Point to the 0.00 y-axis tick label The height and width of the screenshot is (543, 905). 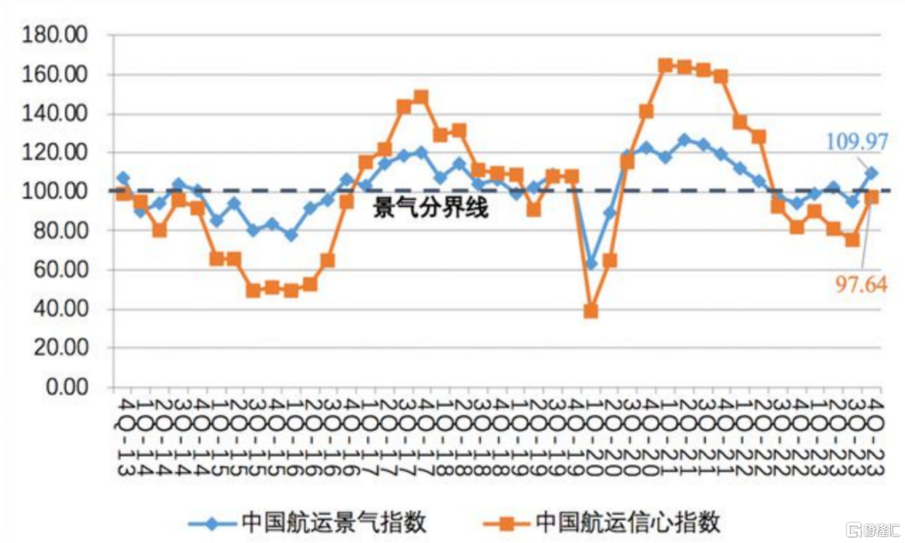[x=66, y=387]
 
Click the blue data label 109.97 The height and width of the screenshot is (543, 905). [x=857, y=141]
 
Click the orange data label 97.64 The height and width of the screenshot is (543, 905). [x=860, y=285]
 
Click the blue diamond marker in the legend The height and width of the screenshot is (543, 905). [x=212, y=523]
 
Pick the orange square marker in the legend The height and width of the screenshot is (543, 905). [x=506, y=523]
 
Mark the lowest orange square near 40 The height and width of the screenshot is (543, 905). [x=591, y=311]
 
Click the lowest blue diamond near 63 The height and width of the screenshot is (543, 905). [x=591, y=264]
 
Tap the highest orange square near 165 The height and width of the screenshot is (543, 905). [x=665, y=65]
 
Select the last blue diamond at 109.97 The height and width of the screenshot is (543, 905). [x=871, y=173]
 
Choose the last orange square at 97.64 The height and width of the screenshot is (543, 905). [x=872, y=197]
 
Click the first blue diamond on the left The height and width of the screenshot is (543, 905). [x=123, y=178]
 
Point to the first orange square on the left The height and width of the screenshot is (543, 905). [x=123, y=194]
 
